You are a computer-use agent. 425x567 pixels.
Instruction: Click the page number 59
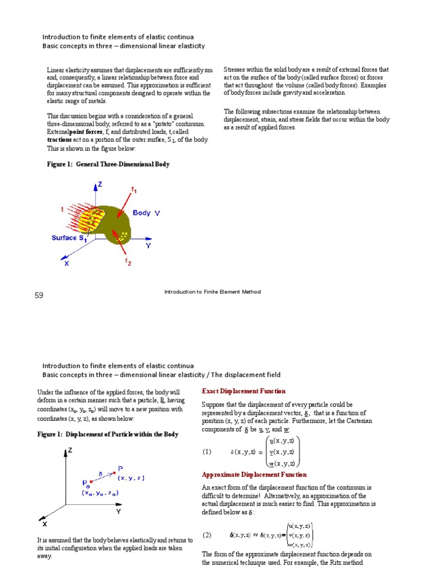(39, 296)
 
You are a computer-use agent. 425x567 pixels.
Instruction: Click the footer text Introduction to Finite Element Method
(212, 292)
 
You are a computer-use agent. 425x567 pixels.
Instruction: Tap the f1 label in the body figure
(133, 190)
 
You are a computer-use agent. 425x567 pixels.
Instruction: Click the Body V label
(146, 213)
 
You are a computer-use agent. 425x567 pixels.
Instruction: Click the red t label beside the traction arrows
(62, 209)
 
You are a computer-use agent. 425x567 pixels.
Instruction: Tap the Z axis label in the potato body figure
(100, 184)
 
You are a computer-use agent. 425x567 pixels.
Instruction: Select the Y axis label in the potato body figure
(148, 245)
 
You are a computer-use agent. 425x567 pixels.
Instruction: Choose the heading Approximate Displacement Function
(254, 475)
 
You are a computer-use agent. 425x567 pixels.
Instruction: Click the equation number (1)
(207, 451)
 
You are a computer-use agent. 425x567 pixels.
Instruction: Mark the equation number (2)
(207, 535)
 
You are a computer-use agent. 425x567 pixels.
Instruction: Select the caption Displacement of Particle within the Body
(108, 435)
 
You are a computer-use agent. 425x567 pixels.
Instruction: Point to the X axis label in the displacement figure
(45, 524)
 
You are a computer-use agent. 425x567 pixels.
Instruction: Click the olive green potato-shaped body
(119, 221)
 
